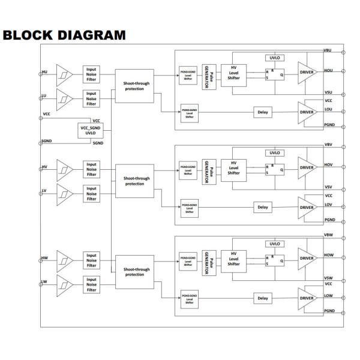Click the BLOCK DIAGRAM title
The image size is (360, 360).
(x=64, y=35)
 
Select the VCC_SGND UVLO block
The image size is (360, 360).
(x=91, y=130)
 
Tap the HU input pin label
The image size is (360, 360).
(x=44, y=72)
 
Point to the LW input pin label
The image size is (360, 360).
(x=44, y=281)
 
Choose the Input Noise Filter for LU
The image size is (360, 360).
(x=91, y=97)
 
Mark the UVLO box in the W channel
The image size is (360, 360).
(x=274, y=244)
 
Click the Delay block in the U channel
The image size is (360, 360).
(x=262, y=112)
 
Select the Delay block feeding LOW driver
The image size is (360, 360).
(x=262, y=298)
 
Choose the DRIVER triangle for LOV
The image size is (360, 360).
(x=307, y=208)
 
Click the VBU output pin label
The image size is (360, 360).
(x=328, y=50)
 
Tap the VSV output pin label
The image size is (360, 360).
(x=328, y=187)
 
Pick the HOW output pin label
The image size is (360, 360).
(x=328, y=255)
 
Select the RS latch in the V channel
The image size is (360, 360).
(x=275, y=169)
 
